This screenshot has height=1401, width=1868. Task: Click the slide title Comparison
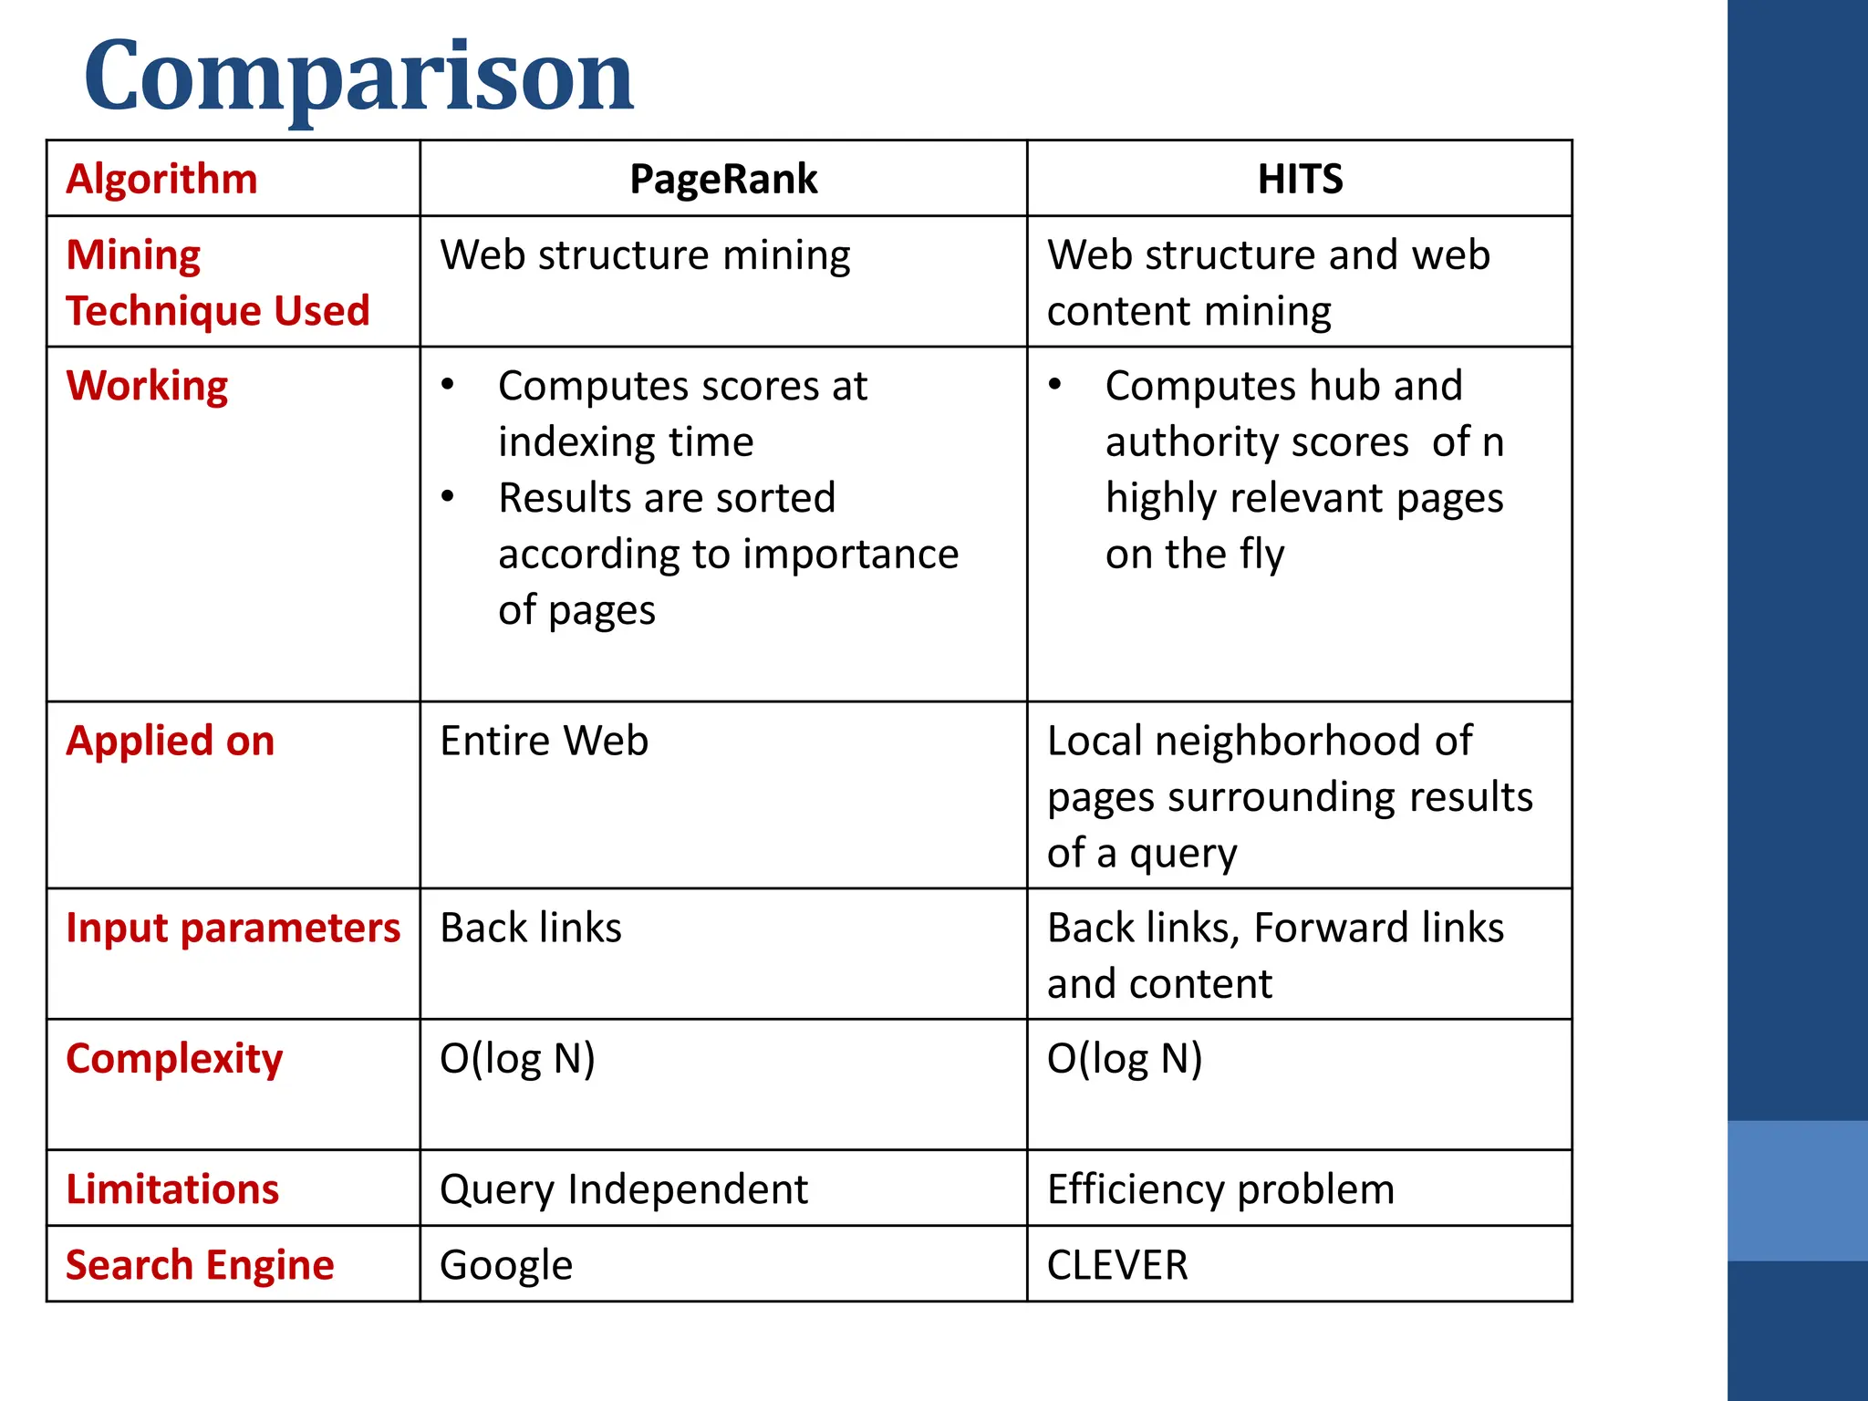pyautogui.click(x=358, y=78)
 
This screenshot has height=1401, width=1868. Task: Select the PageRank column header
pyautogui.click(x=723, y=179)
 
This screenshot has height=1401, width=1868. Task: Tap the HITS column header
pyautogui.click(x=1300, y=179)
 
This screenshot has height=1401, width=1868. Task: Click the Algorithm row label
pyautogui.click(x=162, y=179)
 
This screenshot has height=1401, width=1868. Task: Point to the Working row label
pyautogui.click(x=147, y=386)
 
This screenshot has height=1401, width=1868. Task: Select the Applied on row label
pyautogui.click(x=171, y=741)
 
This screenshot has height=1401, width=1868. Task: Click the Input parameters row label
pyautogui.click(x=233, y=928)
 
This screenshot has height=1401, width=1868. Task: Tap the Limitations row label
pyautogui.click(x=172, y=1189)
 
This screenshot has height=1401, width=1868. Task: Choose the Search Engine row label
pyautogui.click(x=200, y=1265)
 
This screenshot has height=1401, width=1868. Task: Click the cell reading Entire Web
pyautogui.click(x=544, y=741)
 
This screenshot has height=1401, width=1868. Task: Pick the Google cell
pyautogui.click(x=506, y=1265)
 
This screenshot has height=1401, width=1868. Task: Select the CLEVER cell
pyautogui.click(x=1117, y=1265)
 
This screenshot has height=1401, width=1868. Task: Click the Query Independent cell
pyautogui.click(x=623, y=1189)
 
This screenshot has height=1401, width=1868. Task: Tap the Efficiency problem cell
pyautogui.click(x=1220, y=1189)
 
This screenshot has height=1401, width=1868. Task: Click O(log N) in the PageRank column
pyautogui.click(x=517, y=1059)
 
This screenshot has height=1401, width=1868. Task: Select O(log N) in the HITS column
pyautogui.click(x=1125, y=1059)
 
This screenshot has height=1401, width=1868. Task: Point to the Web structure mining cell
pyautogui.click(x=645, y=254)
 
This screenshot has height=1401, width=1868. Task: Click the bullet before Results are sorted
pyautogui.click(x=448, y=497)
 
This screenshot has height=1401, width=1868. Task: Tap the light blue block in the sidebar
pyautogui.click(x=1797, y=1190)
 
